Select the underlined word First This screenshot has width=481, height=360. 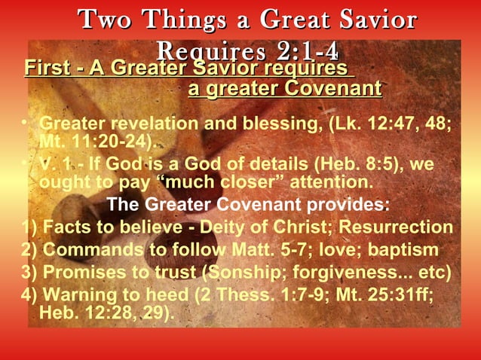tap(44, 69)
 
